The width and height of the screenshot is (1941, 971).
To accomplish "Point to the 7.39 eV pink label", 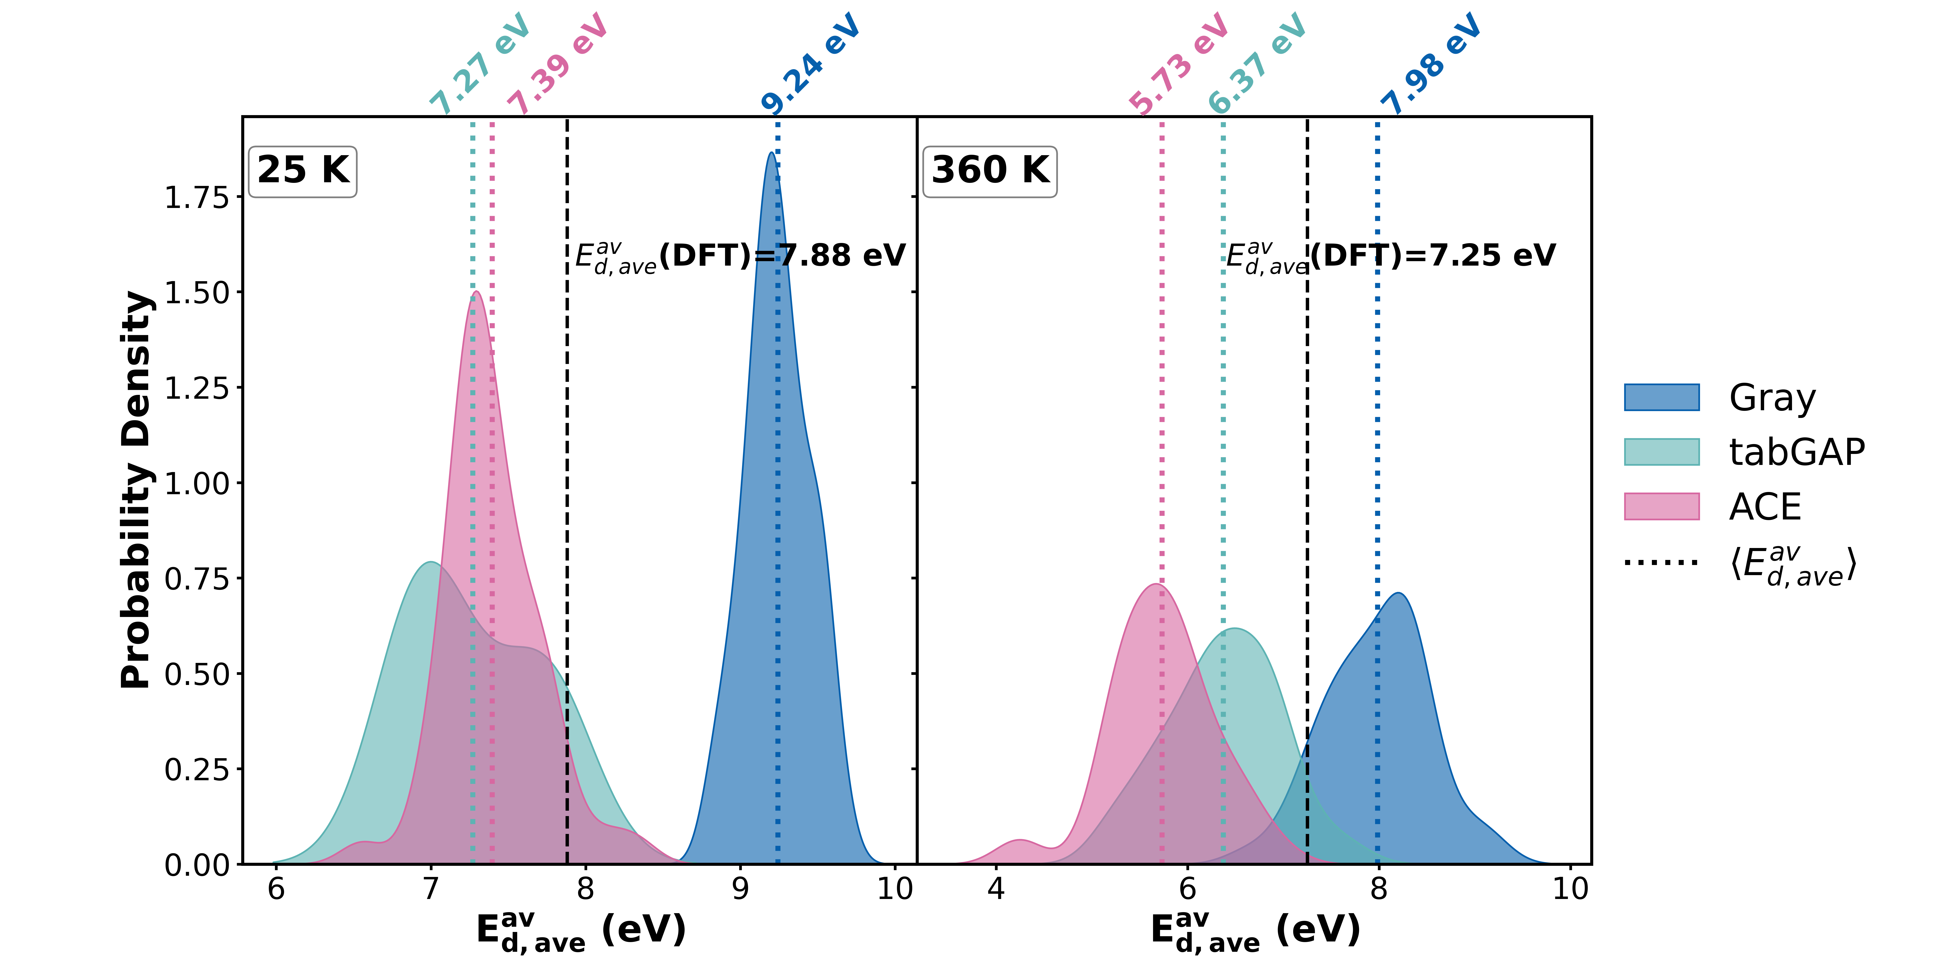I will click(x=558, y=64).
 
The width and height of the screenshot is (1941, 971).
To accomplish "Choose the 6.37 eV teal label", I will click(x=1257, y=64).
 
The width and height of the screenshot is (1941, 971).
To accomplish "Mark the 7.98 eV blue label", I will click(x=1432, y=64).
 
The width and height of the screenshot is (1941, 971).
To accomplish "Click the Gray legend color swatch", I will click(x=1661, y=397).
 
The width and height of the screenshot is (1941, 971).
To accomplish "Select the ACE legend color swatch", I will click(x=1661, y=507).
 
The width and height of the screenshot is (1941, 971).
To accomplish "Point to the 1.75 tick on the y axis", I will click(x=196, y=197).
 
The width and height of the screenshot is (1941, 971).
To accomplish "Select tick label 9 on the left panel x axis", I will click(x=741, y=890).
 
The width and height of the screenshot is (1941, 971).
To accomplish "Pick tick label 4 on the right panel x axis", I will click(x=996, y=890).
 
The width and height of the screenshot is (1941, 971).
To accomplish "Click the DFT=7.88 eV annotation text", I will click(x=740, y=256).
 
